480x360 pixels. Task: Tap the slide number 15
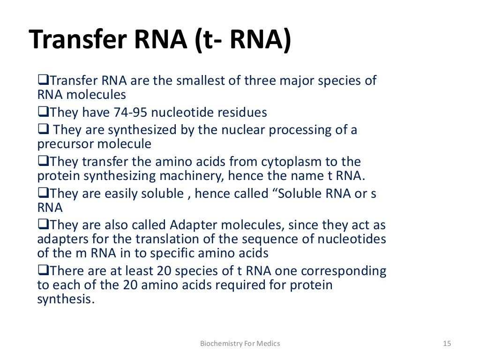click(447, 344)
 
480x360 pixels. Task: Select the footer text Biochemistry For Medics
click(240, 344)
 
